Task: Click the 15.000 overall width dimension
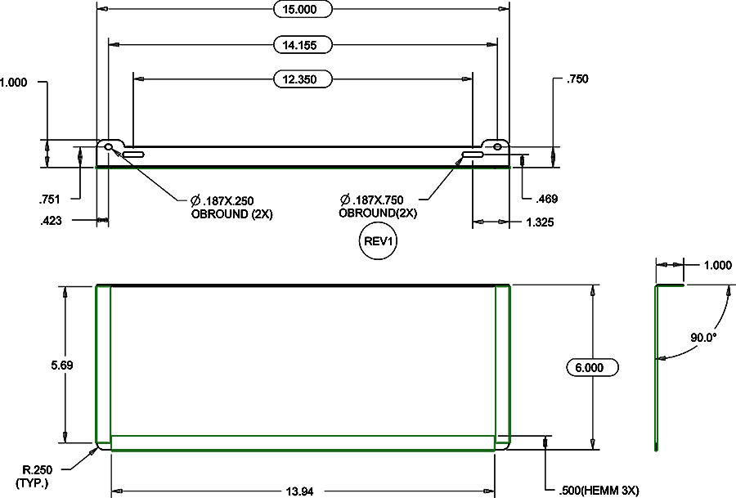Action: (x=303, y=9)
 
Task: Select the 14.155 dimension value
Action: (x=303, y=44)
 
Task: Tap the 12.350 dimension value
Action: (x=303, y=79)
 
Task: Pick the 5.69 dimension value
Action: (x=62, y=366)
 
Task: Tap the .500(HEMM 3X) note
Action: (x=598, y=491)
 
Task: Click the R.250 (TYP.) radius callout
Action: (x=36, y=476)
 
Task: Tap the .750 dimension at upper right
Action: (x=577, y=79)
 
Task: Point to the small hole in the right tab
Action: (x=497, y=146)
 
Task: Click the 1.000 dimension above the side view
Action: (x=717, y=265)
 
